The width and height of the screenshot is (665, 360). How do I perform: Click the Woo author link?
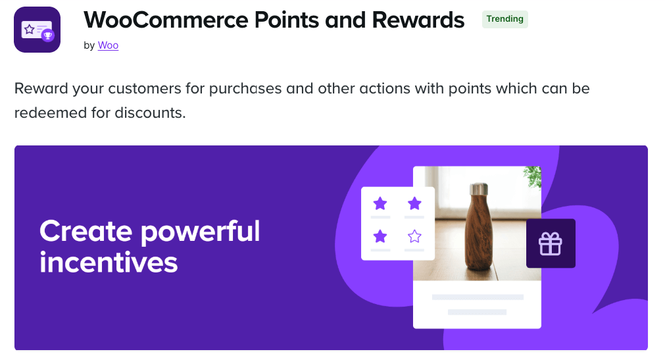(x=108, y=45)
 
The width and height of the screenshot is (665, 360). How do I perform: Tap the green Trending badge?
(x=505, y=19)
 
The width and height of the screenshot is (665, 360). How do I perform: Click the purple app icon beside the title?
(x=37, y=30)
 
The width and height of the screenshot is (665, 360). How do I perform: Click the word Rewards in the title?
(x=418, y=20)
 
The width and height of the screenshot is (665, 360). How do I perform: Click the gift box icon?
(x=551, y=244)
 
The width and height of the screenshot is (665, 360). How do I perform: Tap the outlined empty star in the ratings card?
(x=414, y=236)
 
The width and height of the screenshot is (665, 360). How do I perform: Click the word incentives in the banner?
(x=109, y=263)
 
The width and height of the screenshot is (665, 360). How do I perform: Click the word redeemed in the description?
(x=51, y=113)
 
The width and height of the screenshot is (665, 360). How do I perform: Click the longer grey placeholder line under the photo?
(x=478, y=297)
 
